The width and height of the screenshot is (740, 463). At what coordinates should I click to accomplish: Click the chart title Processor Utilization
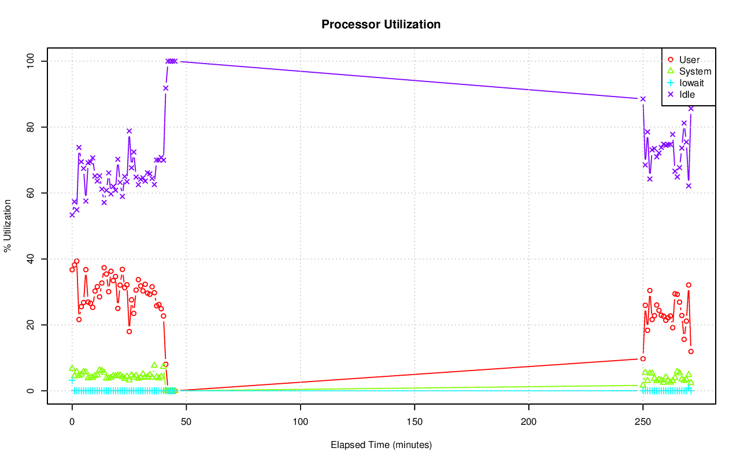click(381, 24)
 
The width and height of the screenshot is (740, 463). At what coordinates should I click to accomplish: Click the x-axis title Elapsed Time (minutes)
click(381, 445)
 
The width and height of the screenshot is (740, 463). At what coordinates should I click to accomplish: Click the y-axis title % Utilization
click(8, 225)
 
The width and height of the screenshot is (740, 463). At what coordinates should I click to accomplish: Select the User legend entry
click(689, 60)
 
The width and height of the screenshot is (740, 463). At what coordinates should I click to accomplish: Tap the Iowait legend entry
click(691, 83)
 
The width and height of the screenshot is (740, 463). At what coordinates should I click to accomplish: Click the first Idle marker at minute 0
click(72, 214)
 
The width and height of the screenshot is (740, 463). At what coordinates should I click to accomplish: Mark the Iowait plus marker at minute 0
click(72, 380)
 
